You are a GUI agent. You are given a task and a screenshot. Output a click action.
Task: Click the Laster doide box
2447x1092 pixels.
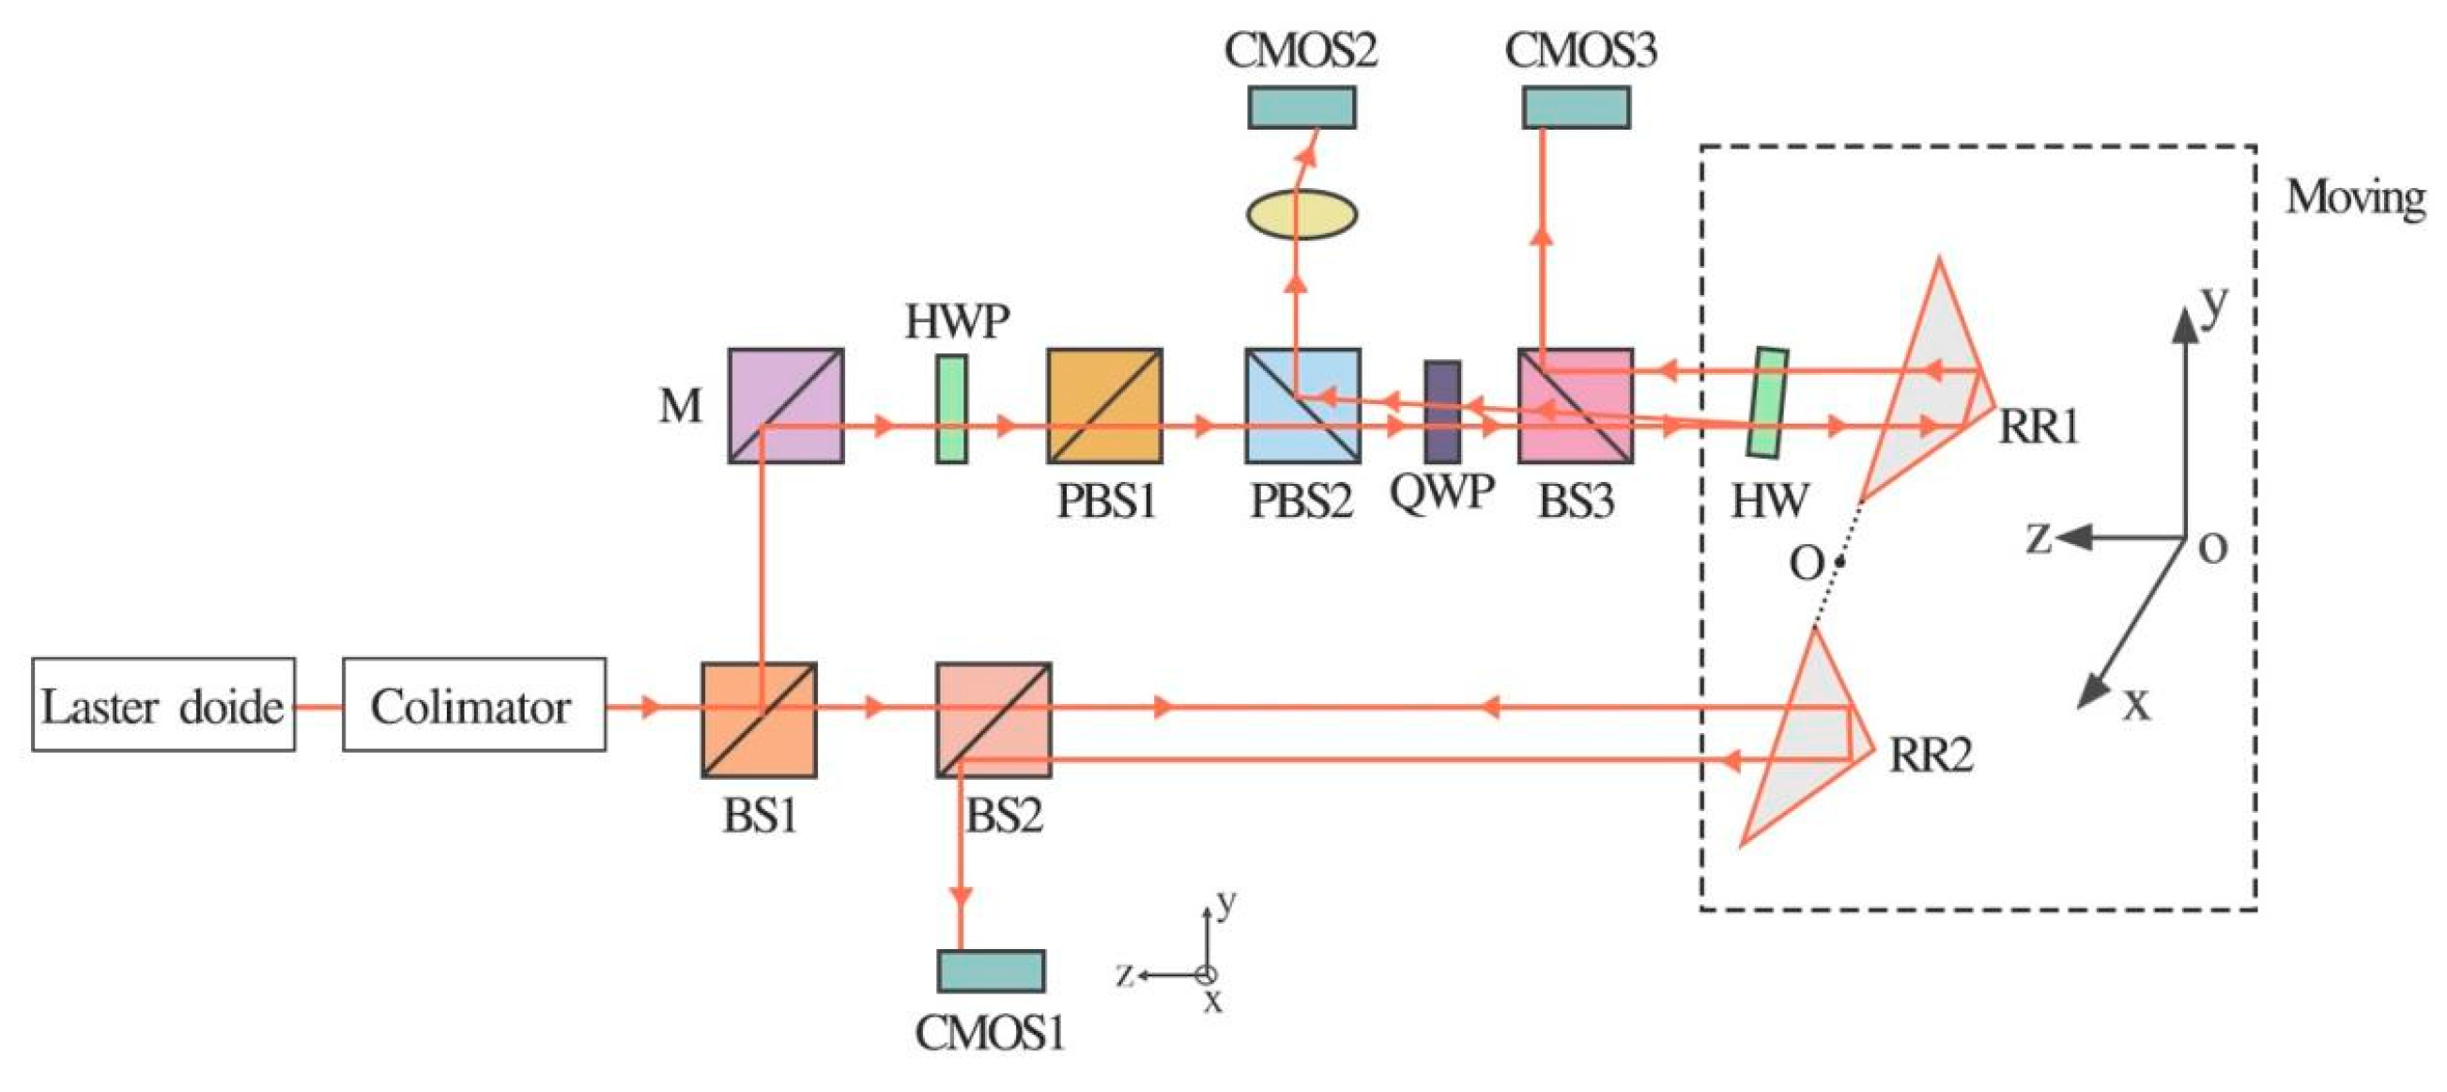163,704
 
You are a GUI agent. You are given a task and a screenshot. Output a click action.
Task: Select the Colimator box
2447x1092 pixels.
474,704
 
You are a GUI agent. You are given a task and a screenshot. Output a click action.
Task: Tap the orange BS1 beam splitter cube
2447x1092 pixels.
759,720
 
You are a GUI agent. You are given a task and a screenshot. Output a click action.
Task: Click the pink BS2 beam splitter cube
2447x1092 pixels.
993,720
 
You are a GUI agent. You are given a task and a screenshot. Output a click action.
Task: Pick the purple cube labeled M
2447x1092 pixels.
786,406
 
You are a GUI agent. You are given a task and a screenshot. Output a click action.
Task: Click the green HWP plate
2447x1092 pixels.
952,410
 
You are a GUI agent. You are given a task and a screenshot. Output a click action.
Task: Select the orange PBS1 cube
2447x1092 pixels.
1105,406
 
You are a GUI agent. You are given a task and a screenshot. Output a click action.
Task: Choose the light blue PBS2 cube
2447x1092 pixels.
1302,406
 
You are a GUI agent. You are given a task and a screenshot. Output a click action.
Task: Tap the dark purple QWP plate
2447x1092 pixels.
1442,412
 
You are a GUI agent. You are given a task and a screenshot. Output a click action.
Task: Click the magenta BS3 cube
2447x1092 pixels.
1575,406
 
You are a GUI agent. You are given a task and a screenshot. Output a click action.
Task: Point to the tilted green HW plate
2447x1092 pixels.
1768,402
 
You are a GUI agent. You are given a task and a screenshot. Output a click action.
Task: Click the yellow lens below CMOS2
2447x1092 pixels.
1301,214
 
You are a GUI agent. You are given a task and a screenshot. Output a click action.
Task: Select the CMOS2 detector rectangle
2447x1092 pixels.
1301,106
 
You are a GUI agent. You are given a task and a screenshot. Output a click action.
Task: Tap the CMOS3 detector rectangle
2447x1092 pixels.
1576,106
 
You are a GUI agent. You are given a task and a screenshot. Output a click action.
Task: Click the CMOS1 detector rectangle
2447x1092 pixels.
991,971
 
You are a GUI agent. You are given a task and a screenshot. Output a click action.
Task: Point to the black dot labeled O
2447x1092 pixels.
1840,562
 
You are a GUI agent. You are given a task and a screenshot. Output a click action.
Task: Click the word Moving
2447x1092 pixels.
2354,198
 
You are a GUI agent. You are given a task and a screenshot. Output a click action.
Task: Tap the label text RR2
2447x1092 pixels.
1931,755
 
